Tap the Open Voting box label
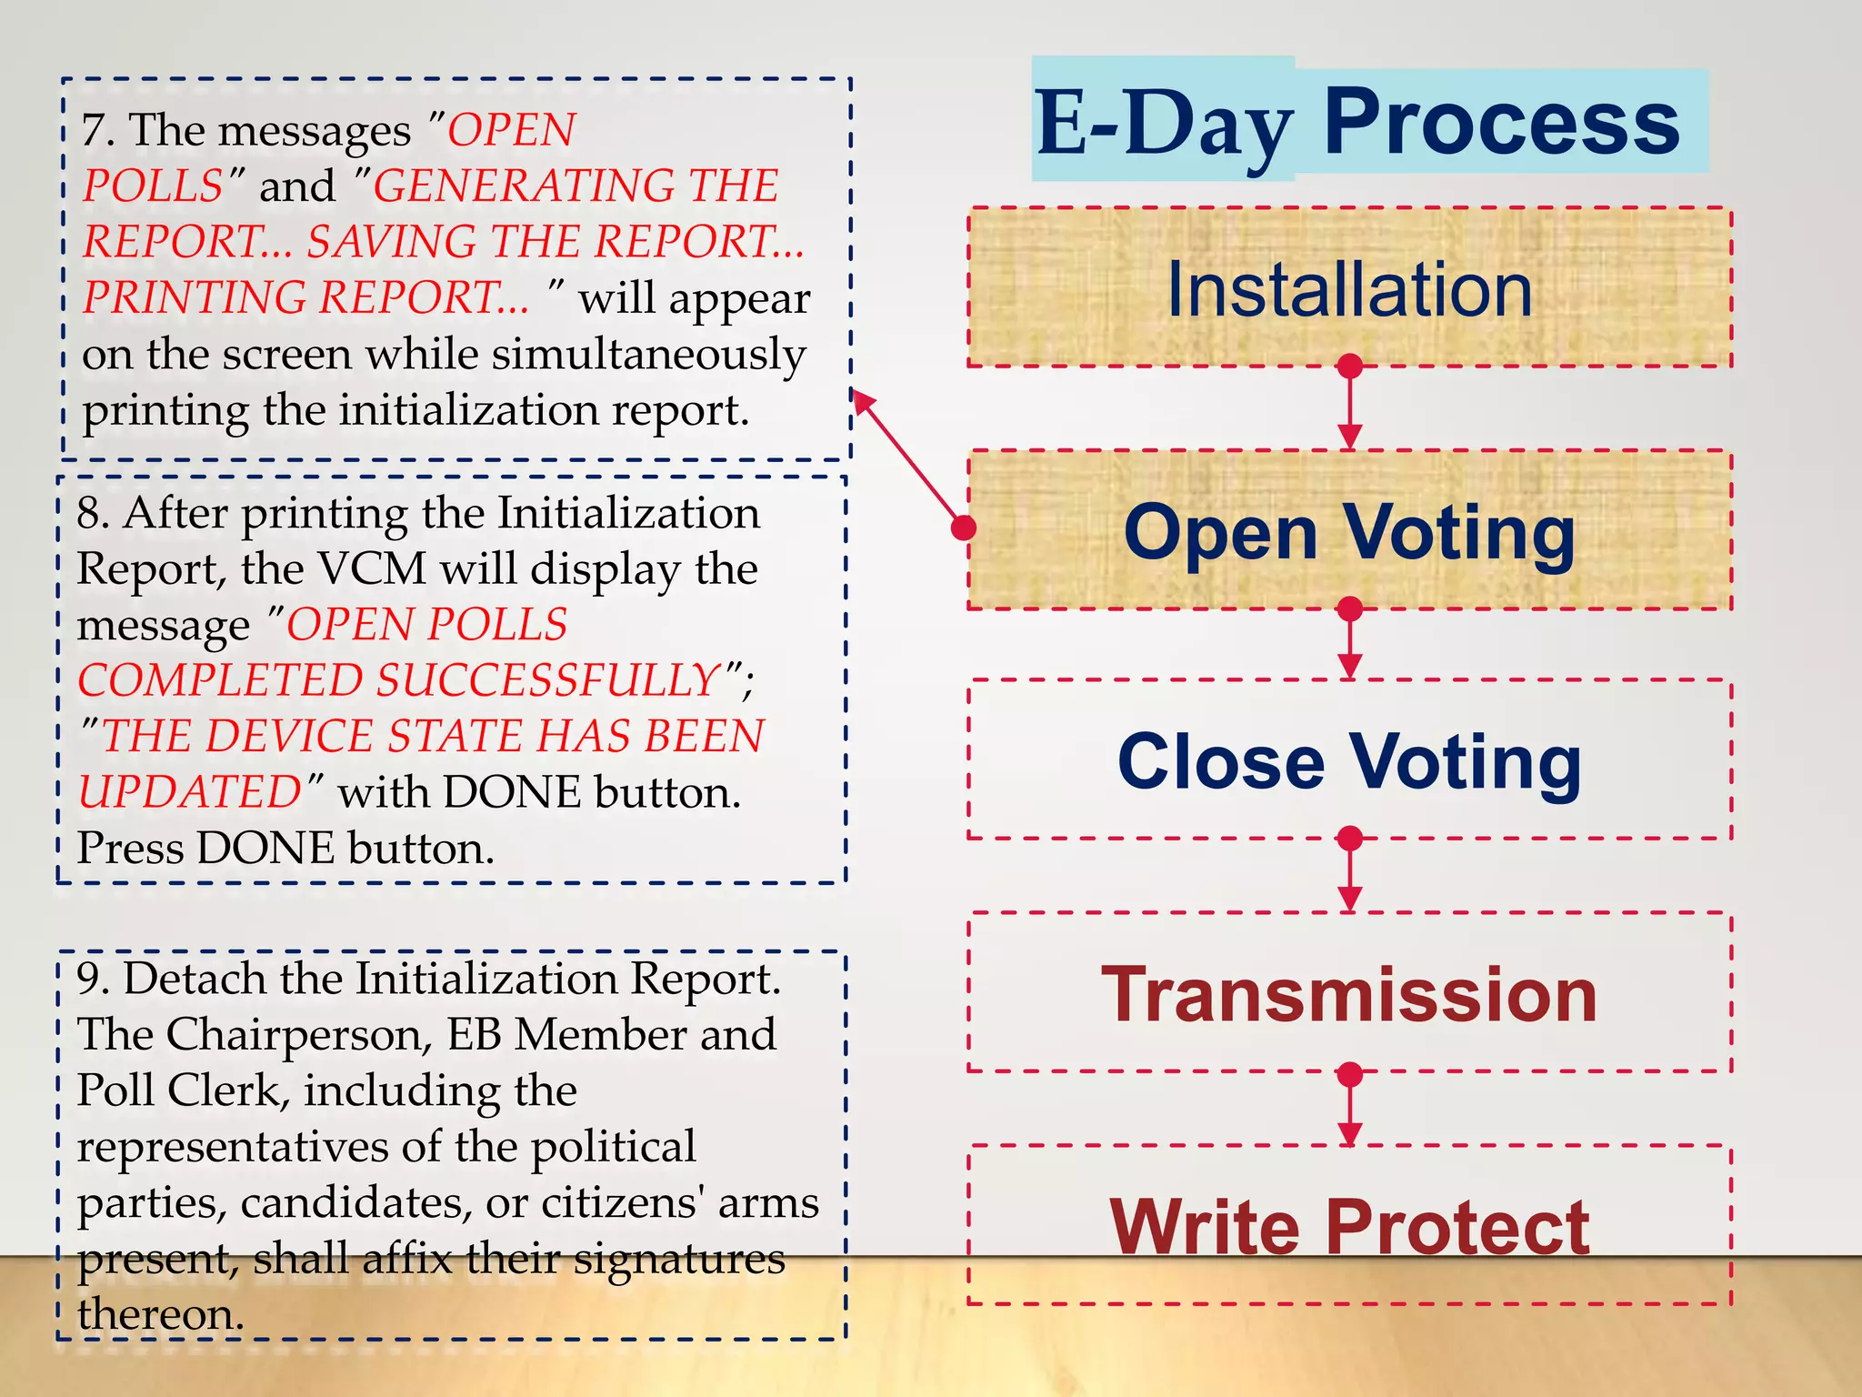coord(1349,532)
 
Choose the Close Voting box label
coord(1349,761)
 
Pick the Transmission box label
coord(1349,994)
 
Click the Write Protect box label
coord(1349,1227)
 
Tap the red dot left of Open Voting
coord(964,528)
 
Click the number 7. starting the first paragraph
coord(97,130)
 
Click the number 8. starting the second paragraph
coord(93,513)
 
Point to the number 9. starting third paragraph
coord(93,979)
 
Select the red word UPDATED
coord(189,792)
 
